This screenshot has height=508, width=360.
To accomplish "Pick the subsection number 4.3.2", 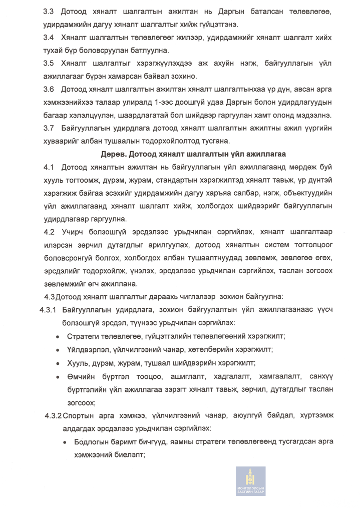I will pyautogui.click(x=53, y=416).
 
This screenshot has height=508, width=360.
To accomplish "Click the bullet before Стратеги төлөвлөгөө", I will pyautogui.click(x=59, y=336).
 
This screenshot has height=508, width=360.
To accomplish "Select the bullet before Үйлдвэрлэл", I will pyautogui.click(x=59, y=349).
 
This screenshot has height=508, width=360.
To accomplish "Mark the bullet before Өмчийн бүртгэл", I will pyautogui.click(x=59, y=375).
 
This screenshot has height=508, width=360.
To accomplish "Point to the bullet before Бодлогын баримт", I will pyautogui.click(x=66, y=442).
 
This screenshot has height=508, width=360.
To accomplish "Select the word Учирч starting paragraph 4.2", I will pyautogui.click(x=74, y=232).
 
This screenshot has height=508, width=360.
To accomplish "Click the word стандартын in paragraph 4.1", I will pyautogui.click(x=178, y=180).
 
